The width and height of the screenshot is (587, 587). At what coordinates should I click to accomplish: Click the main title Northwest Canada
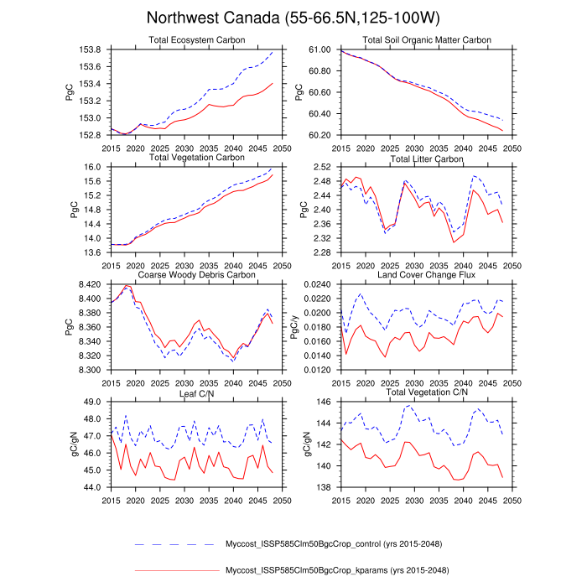click(x=293, y=18)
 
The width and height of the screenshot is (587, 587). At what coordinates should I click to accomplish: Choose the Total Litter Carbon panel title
click(x=426, y=158)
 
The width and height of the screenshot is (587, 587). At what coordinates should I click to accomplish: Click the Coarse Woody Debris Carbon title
click(x=196, y=275)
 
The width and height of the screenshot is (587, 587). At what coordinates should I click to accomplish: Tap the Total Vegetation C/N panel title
click(x=426, y=392)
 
